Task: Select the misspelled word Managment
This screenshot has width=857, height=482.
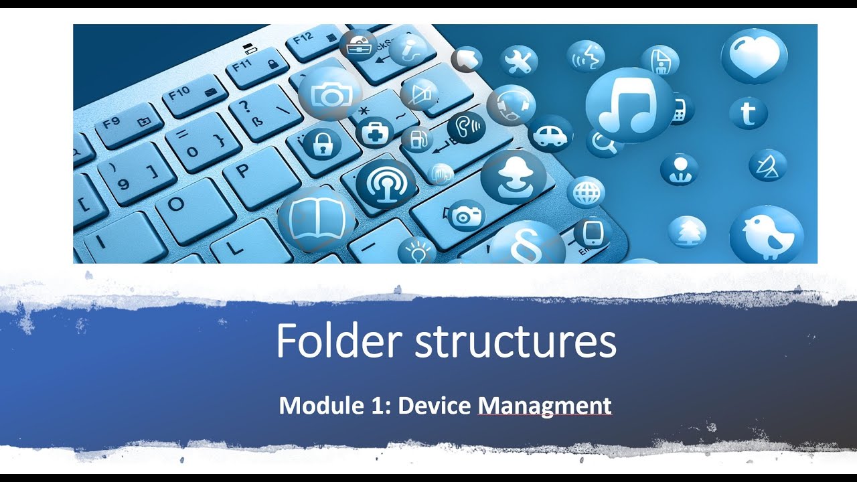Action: coord(544,406)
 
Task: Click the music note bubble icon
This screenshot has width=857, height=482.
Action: coord(629,106)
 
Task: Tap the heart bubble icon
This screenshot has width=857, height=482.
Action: coord(753,56)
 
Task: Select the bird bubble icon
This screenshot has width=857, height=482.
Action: coord(766,234)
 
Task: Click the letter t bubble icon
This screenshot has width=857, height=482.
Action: coord(748,112)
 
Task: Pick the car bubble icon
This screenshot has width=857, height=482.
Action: coord(550,135)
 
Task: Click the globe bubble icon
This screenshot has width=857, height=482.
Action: coord(586,193)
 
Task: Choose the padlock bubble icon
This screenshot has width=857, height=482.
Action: coord(322,143)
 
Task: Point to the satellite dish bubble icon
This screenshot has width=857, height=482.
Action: coord(767,165)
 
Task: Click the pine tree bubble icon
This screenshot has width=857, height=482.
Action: coord(686,232)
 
